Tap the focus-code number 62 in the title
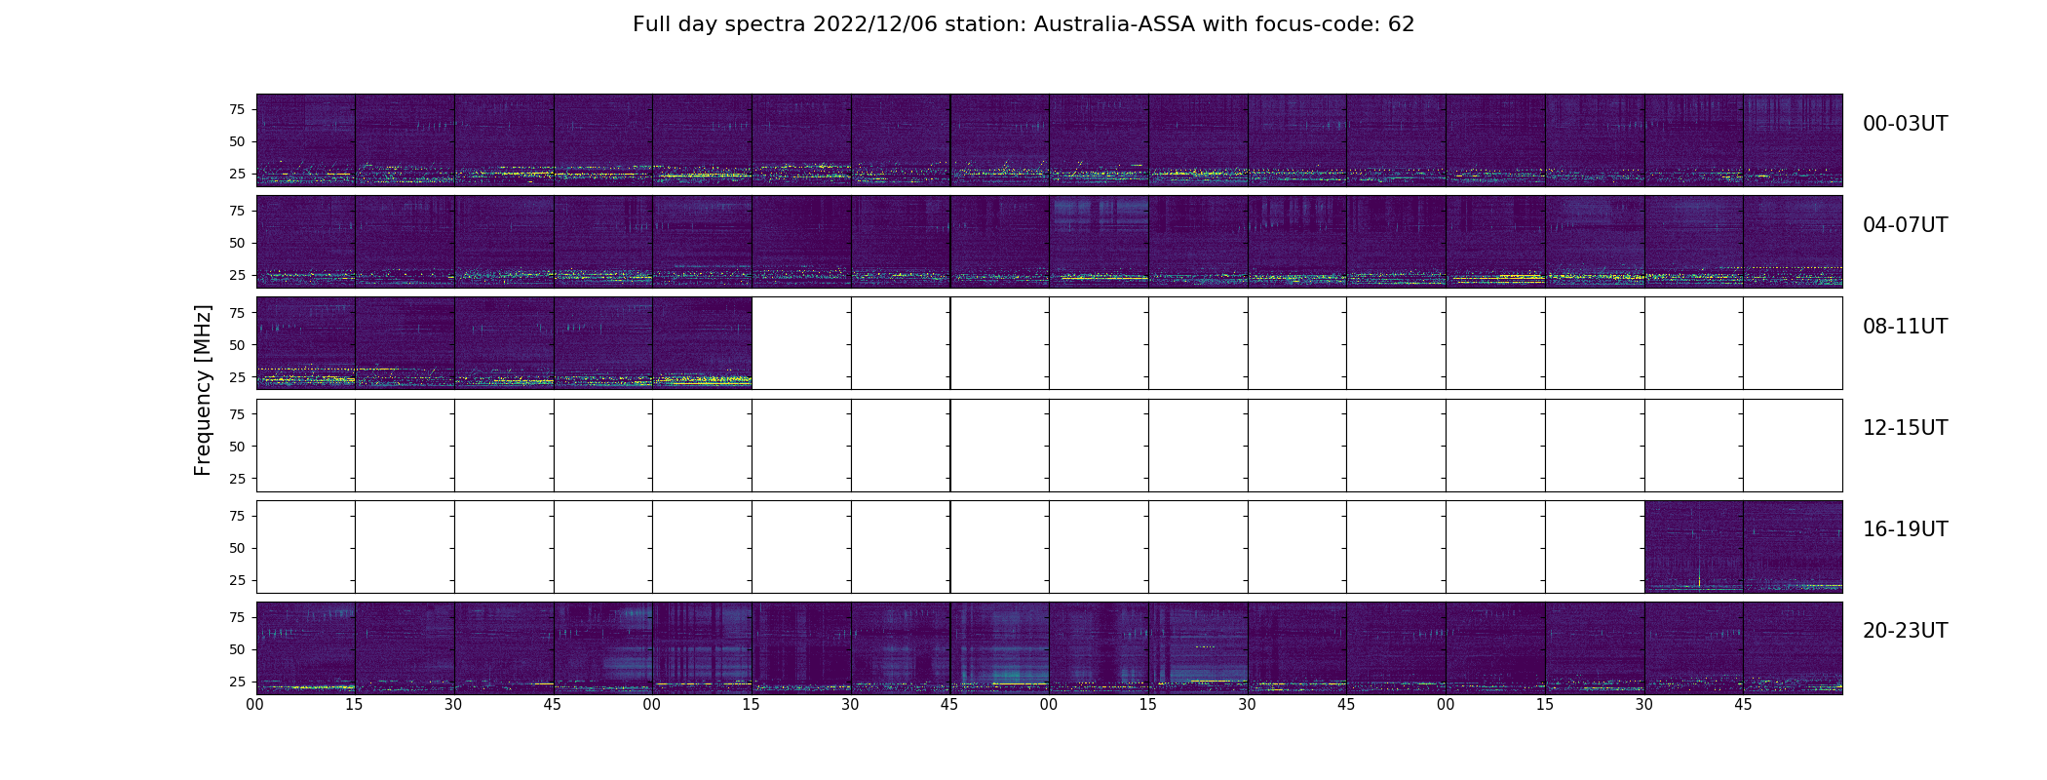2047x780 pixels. [1401, 24]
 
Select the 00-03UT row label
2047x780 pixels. [1905, 124]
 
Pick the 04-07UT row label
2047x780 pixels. [1905, 225]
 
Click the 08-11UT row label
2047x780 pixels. [1905, 327]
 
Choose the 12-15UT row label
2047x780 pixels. [1905, 428]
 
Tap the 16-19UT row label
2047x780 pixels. [1905, 529]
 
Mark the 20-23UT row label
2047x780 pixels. [1905, 631]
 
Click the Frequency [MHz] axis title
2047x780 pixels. [203, 390]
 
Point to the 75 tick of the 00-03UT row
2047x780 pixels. [236, 109]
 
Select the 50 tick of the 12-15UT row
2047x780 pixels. [236, 447]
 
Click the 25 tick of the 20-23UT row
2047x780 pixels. [236, 682]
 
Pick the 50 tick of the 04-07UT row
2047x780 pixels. [236, 244]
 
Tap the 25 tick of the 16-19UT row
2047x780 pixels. [236, 580]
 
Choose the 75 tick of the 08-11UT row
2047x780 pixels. [236, 313]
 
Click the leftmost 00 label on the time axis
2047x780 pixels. [255, 705]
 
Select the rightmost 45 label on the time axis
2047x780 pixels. [1743, 705]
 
